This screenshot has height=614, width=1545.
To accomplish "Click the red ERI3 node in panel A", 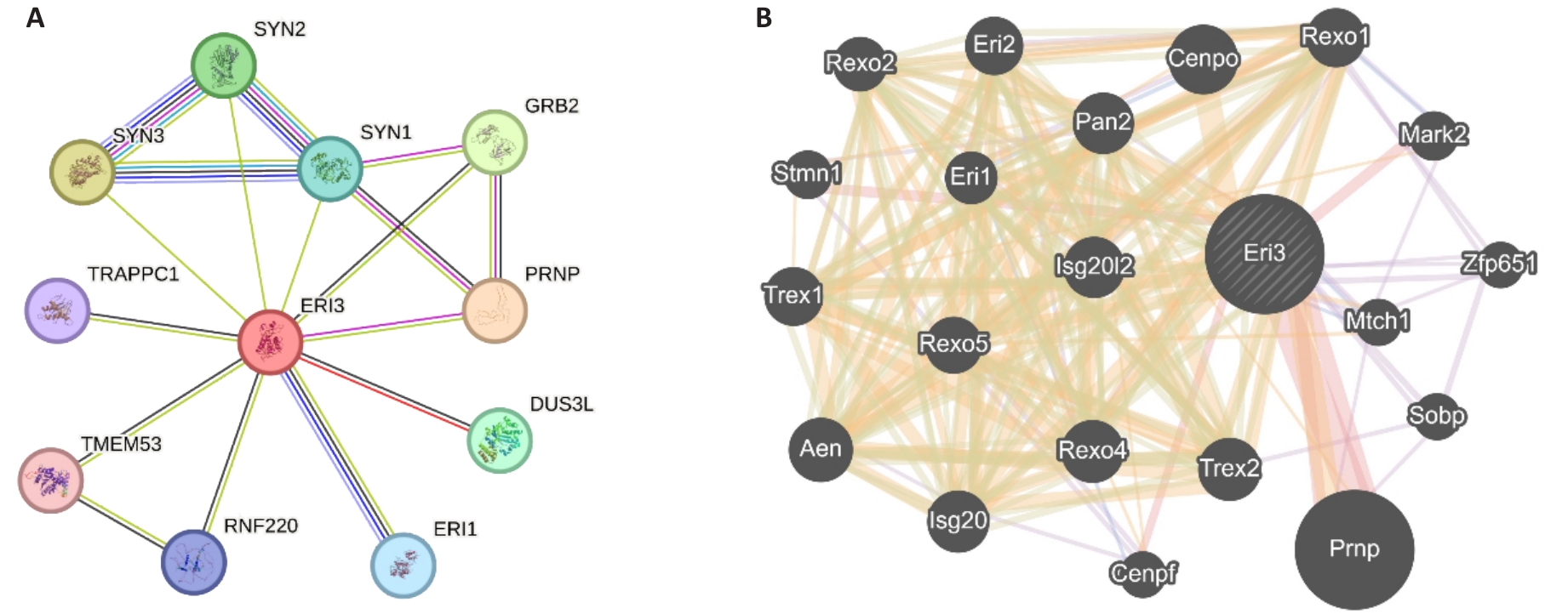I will click(271, 342).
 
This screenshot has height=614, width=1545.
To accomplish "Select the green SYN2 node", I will click(224, 65).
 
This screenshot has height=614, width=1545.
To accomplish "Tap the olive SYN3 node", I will click(82, 172).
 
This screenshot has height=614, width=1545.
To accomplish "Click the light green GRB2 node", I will click(495, 142).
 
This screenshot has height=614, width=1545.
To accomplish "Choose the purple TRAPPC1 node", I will click(57, 310).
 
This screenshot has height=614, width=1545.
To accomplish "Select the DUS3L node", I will click(500, 441).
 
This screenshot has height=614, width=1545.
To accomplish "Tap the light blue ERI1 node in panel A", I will click(403, 565).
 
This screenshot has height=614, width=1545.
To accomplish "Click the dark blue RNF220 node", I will click(194, 562).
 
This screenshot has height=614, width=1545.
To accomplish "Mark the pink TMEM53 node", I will click(51, 480).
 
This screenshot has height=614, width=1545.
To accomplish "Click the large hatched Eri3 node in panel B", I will click(1264, 253).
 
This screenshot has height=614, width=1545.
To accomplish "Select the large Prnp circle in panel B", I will click(1353, 549).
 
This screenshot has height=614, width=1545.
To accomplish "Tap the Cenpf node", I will click(1143, 573).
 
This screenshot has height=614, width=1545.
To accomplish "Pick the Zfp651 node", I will click(1499, 264).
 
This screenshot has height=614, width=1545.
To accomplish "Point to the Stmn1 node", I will click(806, 174).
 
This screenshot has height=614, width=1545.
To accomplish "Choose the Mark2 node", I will click(1433, 134).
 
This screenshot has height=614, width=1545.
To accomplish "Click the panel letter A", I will click(35, 18).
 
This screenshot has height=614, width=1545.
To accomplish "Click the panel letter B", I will click(764, 18).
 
